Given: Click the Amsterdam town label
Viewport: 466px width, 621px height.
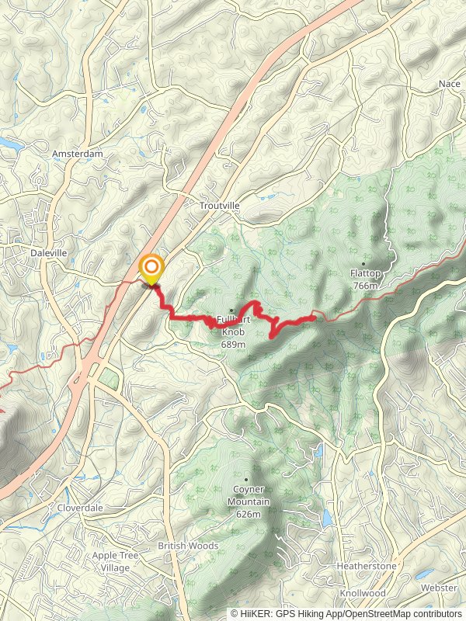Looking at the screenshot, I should click(77, 154).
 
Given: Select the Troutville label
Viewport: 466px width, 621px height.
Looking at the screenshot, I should click(220, 205).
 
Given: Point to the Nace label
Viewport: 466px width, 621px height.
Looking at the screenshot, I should click(449, 83).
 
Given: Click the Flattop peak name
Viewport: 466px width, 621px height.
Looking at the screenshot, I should click(365, 274).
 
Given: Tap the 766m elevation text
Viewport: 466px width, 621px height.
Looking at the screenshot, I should click(364, 286).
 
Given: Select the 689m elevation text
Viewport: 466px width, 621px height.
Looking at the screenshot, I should click(233, 343).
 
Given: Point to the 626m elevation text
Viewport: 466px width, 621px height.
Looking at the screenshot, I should click(248, 514).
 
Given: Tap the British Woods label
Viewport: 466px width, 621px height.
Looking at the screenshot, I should click(188, 546).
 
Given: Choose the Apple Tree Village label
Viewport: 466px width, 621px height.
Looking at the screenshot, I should click(115, 561).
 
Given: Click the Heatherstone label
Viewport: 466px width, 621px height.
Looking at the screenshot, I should click(367, 566).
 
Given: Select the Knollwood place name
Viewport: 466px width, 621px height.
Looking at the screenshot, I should click(363, 593).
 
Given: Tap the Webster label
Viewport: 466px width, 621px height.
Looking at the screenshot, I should click(440, 588).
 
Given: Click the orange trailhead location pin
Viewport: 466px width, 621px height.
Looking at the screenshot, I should click(151, 269).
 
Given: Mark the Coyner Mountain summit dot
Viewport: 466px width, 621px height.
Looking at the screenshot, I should click(246, 480).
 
